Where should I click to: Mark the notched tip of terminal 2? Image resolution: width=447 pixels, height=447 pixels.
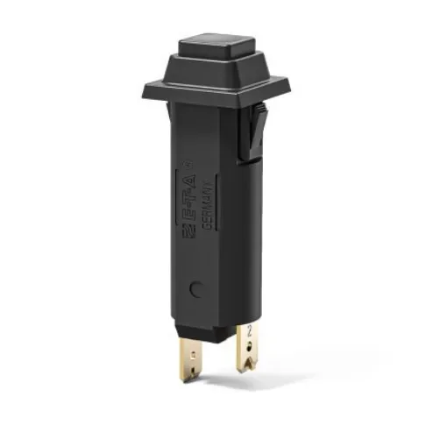(248, 367)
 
